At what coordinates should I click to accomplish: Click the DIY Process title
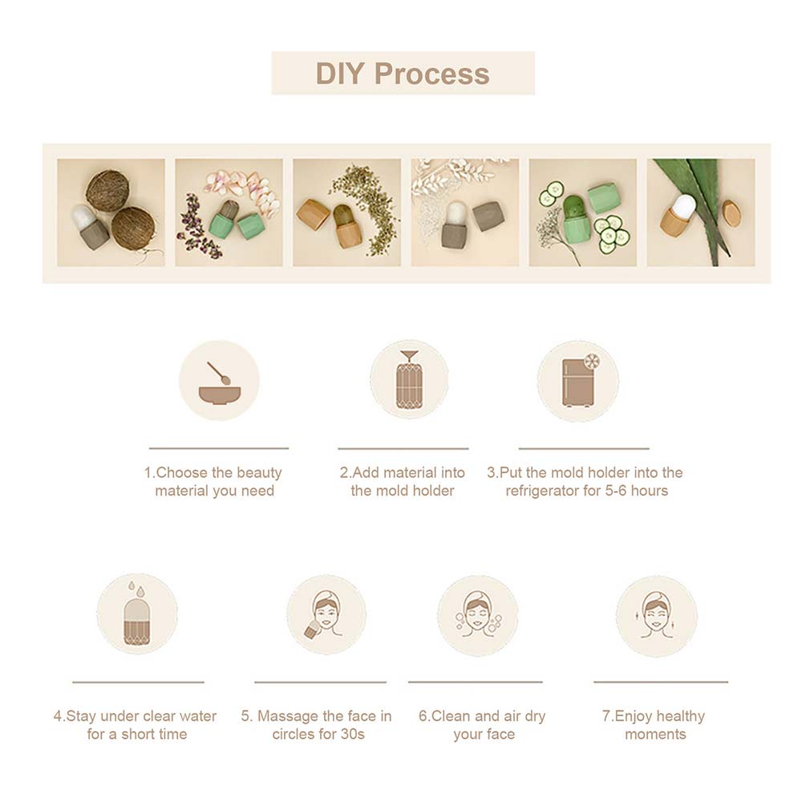click(x=403, y=73)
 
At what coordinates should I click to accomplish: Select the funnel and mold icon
click(x=409, y=379)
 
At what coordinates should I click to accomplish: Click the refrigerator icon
click(x=580, y=380)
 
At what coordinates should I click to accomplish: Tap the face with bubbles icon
click(x=478, y=615)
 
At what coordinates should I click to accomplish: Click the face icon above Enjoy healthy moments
click(x=656, y=615)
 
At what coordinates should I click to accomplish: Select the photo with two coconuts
click(x=111, y=213)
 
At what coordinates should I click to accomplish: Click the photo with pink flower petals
click(x=229, y=213)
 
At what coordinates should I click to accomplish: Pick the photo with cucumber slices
click(x=582, y=213)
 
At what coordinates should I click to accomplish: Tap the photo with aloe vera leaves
click(x=701, y=213)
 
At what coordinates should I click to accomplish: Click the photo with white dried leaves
click(x=465, y=213)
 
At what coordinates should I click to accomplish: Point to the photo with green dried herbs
click(x=346, y=213)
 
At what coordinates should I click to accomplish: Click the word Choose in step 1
click(x=181, y=472)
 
